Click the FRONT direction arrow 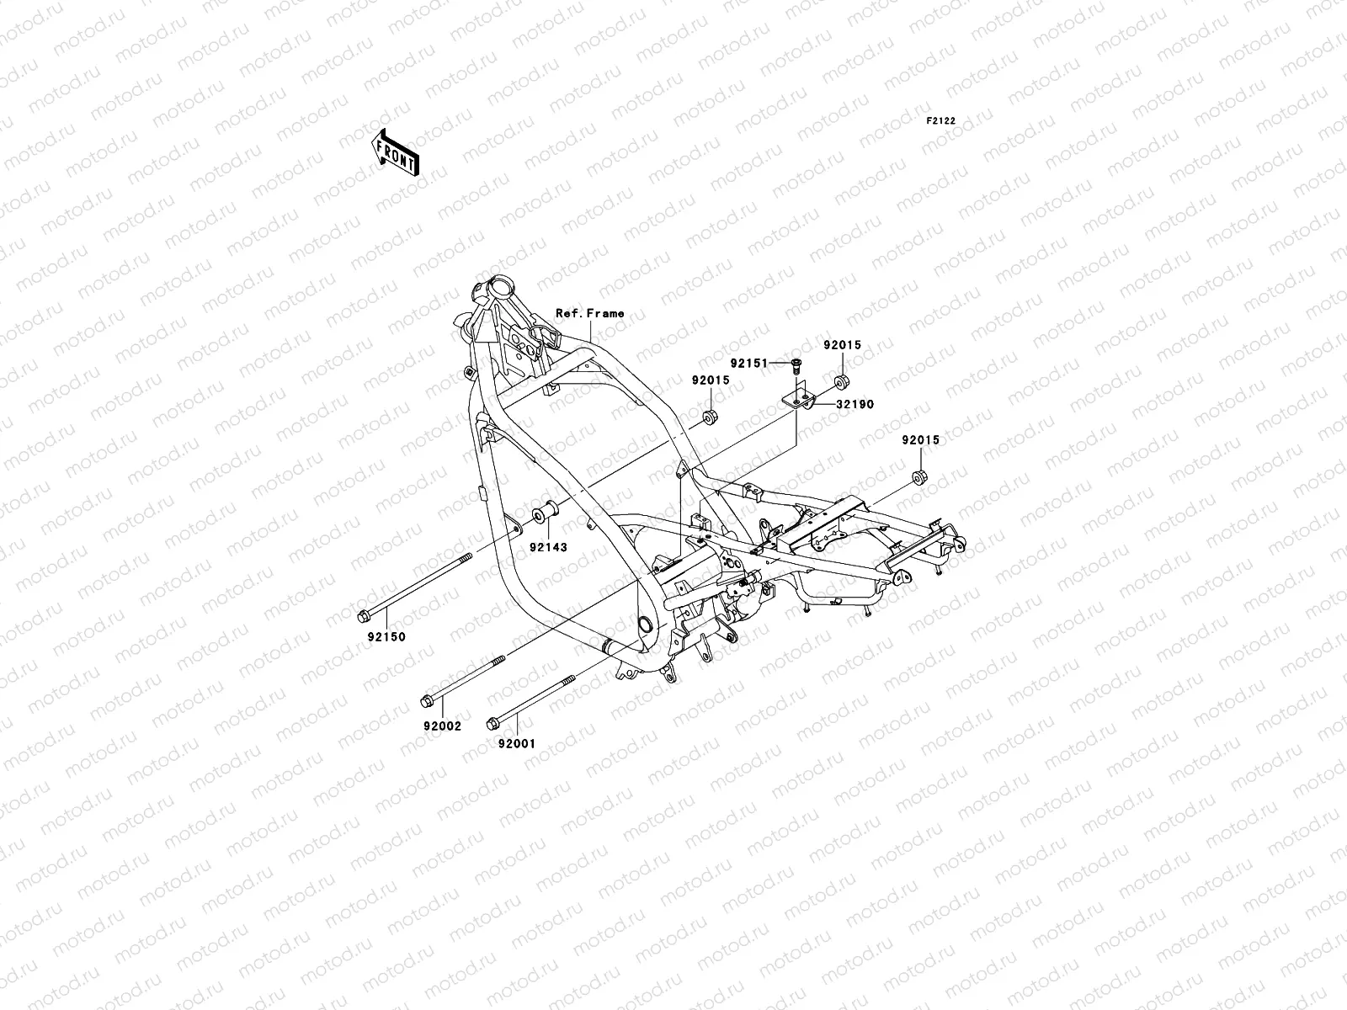tap(407, 152)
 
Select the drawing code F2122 tap(941, 121)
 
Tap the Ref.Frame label tap(589, 313)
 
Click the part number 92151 tap(749, 364)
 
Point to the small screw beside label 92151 tap(796, 364)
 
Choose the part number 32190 tap(855, 405)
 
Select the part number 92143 tap(547, 547)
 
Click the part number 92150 tap(385, 637)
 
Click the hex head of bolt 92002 tap(426, 700)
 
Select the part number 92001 tap(515, 744)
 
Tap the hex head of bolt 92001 tap(492, 723)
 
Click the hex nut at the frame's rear tap(919, 480)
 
